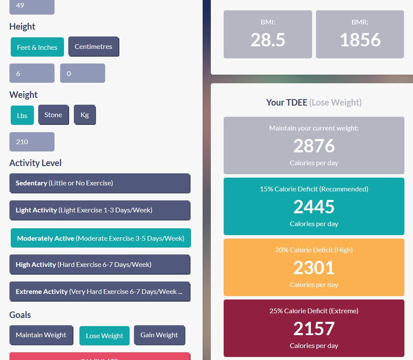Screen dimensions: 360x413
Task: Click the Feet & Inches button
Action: tap(37, 47)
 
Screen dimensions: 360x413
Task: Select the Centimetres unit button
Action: tap(93, 46)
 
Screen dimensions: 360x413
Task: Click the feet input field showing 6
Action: tap(32, 73)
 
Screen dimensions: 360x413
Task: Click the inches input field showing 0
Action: tap(82, 73)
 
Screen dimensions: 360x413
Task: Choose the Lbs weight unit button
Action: tap(22, 115)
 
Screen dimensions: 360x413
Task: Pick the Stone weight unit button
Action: tap(53, 115)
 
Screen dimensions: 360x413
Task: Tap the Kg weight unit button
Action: tap(85, 115)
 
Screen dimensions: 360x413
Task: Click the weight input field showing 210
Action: tap(32, 142)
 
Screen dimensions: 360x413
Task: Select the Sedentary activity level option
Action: tap(100, 183)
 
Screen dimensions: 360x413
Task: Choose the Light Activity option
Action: tap(100, 210)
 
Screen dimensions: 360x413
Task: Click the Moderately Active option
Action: tap(100, 238)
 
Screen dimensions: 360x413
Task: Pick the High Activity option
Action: tap(100, 264)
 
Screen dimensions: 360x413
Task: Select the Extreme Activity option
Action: tap(100, 291)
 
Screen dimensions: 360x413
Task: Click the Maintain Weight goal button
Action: tap(41, 335)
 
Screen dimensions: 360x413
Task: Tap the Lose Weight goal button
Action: tap(104, 336)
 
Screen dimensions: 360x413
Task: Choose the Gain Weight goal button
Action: tap(159, 335)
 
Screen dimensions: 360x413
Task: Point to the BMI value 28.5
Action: tap(268, 40)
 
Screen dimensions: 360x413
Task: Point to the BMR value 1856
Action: tap(360, 40)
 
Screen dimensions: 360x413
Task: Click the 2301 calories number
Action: tap(314, 268)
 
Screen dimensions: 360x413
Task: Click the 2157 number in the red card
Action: tap(314, 329)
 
